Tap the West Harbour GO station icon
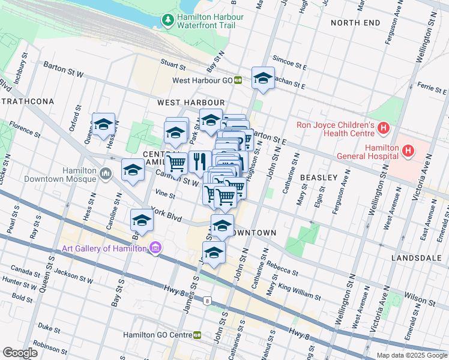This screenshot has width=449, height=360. click(x=238, y=80)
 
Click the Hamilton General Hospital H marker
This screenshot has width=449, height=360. click(x=408, y=150)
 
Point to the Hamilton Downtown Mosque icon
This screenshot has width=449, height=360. click(x=106, y=174)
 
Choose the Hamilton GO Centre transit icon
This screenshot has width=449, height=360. click(x=197, y=335)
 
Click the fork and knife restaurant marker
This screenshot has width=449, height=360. click(x=199, y=161)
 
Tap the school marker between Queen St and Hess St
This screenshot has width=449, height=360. click(x=103, y=124)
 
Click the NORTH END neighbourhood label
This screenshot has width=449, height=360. click(x=355, y=23)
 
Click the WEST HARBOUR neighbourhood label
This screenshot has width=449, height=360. click(x=191, y=103)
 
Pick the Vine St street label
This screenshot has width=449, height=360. click(x=164, y=194)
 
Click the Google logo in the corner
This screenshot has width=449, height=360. click(x=20, y=353)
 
